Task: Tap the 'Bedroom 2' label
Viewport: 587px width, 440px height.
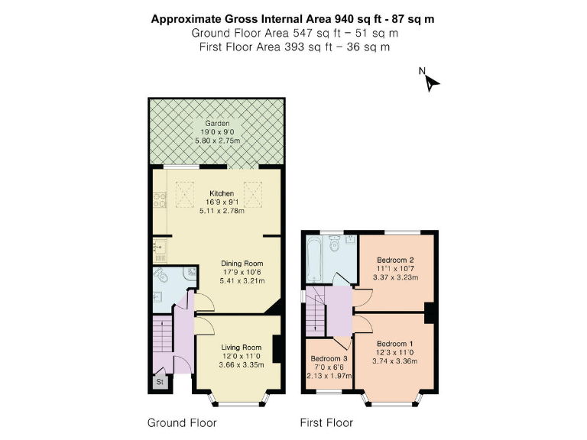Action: pyautogui.click(x=395, y=260)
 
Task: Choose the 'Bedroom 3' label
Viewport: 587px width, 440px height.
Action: pyautogui.click(x=329, y=358)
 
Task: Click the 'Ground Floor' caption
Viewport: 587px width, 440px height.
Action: pyautogui.click(x=182, y=422)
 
